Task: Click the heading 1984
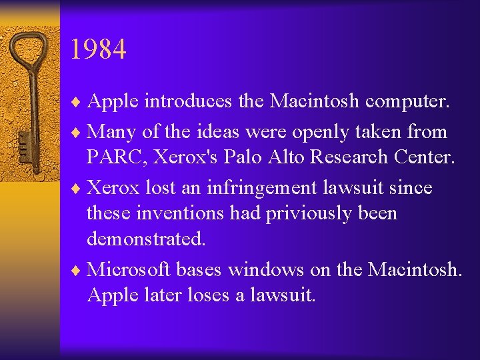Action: (x=97, y=49)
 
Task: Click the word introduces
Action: (x=189, y=101)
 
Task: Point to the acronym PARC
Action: (x=113, y=157)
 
